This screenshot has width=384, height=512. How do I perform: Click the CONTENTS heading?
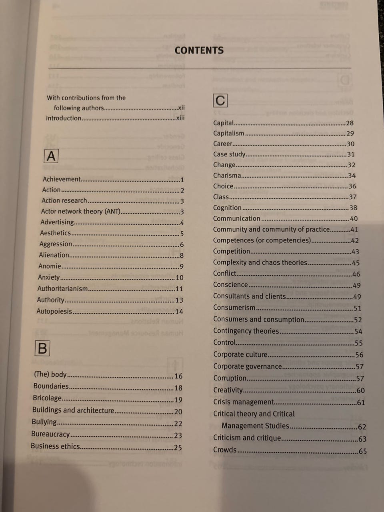point(199,50)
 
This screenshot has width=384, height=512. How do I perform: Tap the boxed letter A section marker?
point(51,156)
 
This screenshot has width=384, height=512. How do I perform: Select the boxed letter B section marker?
point(42,348)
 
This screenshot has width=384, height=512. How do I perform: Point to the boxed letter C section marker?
point(220,100)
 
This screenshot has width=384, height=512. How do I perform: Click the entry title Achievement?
point(62,179)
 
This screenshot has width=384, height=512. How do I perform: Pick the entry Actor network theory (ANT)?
point(80,211)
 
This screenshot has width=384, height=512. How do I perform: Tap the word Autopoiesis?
point(54,311)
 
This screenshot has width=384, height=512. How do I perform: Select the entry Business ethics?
point(55,446)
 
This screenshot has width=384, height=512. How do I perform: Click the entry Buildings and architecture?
point(73,410)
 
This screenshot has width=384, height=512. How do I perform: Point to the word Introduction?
point(64,118)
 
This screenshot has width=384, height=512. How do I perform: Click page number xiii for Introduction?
point(180,118)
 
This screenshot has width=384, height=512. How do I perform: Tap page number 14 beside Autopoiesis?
point(179,312)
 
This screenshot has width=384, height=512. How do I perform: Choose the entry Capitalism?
point(228,133)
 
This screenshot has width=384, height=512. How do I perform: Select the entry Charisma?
point(227,175)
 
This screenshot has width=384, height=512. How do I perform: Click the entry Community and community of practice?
point(271,229)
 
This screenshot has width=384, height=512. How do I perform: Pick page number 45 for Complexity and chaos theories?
point(356,263)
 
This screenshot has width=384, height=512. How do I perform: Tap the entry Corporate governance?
point(247,366)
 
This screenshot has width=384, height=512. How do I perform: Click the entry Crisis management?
point(243,402)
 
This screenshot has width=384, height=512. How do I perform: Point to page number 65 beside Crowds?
point(362,451)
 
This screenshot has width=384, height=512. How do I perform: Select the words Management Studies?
point(255,426)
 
